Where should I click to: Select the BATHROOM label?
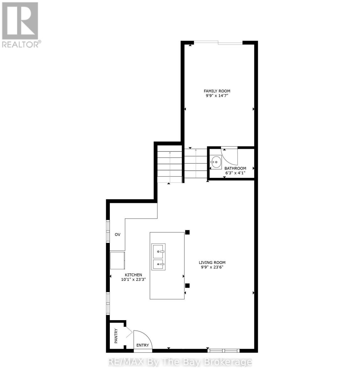point(235,168)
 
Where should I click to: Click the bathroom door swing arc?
point(232,159)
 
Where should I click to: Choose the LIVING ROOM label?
point(212,263)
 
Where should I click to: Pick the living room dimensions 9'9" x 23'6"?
point(212,267)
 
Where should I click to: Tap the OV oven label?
point(117,235)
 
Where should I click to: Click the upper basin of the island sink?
point(158,251)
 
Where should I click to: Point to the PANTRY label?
point(116,336)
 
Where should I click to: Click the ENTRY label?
point(142,345)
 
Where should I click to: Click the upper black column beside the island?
point(187,232)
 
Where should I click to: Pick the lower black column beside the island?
point(187,286)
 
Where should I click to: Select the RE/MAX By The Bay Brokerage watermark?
point(180,362)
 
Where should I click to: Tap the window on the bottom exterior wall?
point(224,350)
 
